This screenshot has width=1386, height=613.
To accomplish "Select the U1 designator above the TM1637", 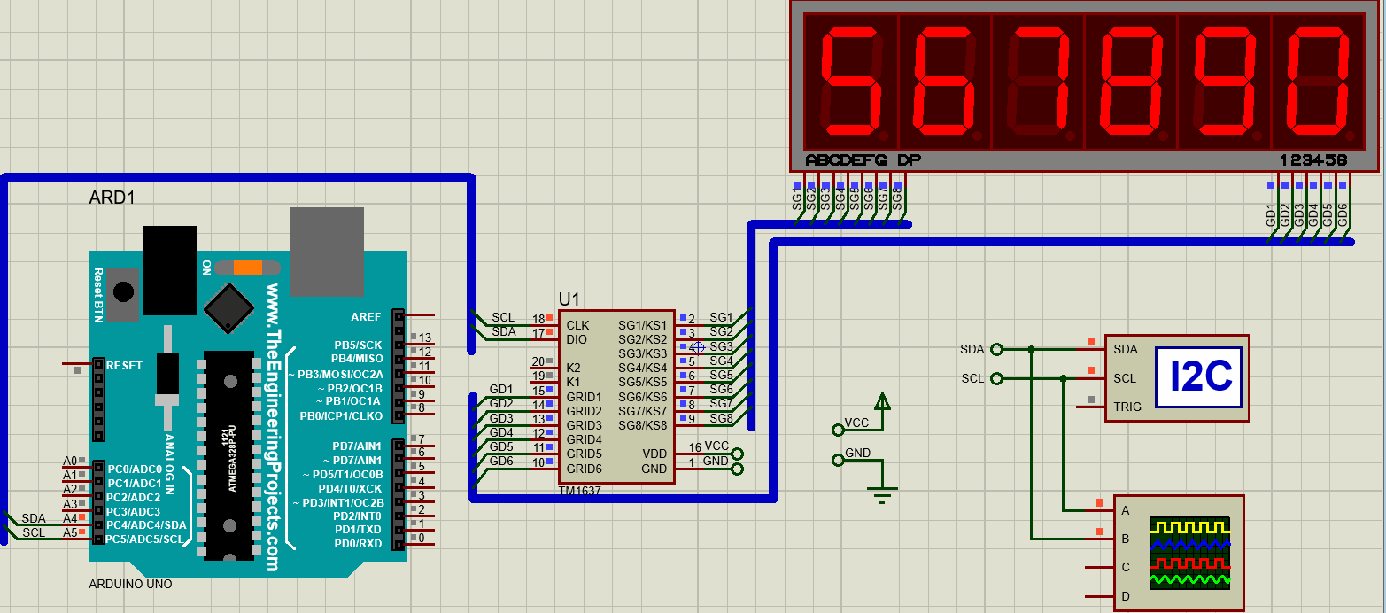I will pyautogui.click(x=569, y=299).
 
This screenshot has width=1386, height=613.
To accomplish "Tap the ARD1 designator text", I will pyautogui.click(x=112, y=198).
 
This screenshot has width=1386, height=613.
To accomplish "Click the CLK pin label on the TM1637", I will pyautogui.click(x=577, y=325).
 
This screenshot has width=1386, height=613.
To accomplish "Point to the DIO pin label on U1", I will pyautogui.click(x=577, y=339).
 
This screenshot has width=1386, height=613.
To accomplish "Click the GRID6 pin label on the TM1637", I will pyautogui.click(x=584, y=469).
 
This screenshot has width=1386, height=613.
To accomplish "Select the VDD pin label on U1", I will pyautogui.click(x=654, y=454).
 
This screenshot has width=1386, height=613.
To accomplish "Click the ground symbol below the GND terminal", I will pyautogui.click(x=881, y=493).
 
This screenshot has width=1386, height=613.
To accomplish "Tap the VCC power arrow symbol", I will pyautogui.click(x=881, y=403).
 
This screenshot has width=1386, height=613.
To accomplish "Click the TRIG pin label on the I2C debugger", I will pyautogui.click(x=1127, y=407).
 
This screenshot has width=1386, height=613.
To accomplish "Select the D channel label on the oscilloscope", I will pyautogui.click(x=1126, y=596).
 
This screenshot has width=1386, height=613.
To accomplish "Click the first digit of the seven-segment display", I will pyautogui.click(x=851, y=81).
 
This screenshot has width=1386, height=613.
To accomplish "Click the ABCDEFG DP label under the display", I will pyautogui.click(x=863, y=160).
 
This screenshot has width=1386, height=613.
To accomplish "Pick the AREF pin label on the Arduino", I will pyautogui.click(x=366, y=316).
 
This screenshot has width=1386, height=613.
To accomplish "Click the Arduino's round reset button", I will pyautogui.click(x=125, y=291).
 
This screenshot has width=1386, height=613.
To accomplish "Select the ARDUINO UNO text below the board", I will pyautogui.click(x=130, y=585).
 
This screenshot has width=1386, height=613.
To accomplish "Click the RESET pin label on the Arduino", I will pyautogui.click(x=124, y=365).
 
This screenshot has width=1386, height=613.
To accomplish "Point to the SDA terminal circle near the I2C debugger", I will pyautogui.click(x=996, y=349).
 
